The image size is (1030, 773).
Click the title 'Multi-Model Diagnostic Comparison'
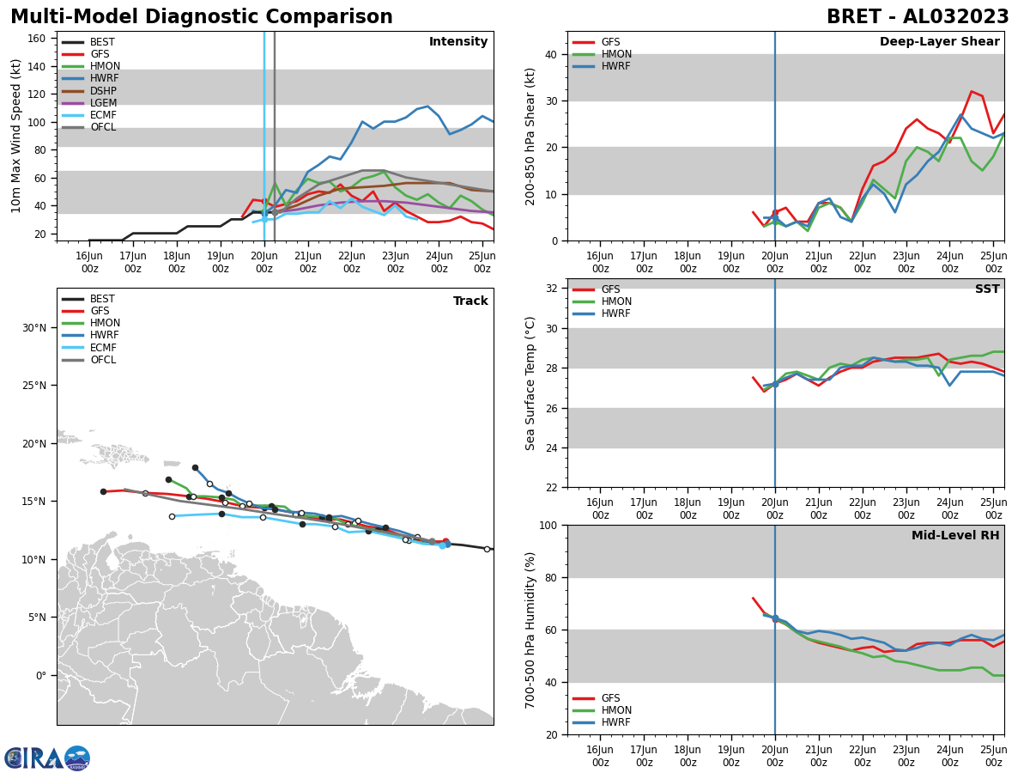pyautogui.click(x=201, y=17)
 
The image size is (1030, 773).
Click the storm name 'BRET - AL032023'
pyautogui.click(x=918, y=17)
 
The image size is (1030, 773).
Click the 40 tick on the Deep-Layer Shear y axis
pyautogui.click(x=551, y=54)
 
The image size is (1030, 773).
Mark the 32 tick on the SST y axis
pyautogui.click(x=551, y=289)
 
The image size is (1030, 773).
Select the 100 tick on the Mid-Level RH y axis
pyautogui.click(x=548, y=525)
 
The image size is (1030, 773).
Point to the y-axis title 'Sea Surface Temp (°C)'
pyautogui.click(x=530, y=383)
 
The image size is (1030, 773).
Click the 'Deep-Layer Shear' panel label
pyautogui.click(x=939, y=42)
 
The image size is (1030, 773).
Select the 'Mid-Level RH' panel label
pyautogui.click(x=954, y=536)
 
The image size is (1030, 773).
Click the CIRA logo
pyautogui.click(x=47, y=758)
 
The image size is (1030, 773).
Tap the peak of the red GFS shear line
pyautogui.click(x=972, y=91)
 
